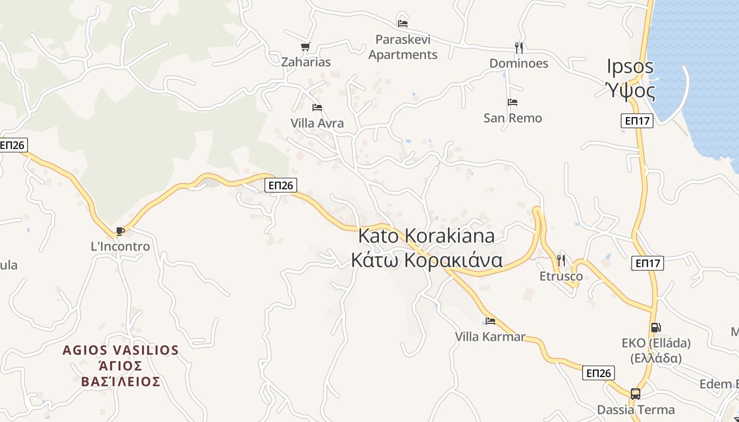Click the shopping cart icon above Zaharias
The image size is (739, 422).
click(x=305, y=46)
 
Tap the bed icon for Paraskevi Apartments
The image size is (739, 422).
click(x=403, y=23)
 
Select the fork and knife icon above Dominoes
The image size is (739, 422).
click(x=519, y=48)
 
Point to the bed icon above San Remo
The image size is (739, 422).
click(x=512, y=102)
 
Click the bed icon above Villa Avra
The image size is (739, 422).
click(x=317, y=108)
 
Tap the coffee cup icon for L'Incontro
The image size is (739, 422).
click(x=120, y=231)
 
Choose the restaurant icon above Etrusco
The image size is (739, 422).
click(x=561, y=260)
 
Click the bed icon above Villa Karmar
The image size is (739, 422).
click(x=490, y=321)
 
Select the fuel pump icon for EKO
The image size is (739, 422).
click(x=656, y=328)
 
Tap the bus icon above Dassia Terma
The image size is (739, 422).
click(x=636, y=394)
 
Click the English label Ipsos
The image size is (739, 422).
click(x=630, y=67)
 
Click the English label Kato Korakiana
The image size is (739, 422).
click(x=427, y=236)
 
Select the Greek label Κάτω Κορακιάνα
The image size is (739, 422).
click(x=427, y=260)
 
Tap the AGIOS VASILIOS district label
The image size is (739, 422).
click(x=121, y=350)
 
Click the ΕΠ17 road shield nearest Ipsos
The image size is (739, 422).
click(x=637, y=121)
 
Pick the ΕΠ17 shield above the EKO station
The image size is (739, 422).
click(x=647, y=263)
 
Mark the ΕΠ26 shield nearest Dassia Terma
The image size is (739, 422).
click(x=599, y=373)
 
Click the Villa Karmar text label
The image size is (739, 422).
click(x=490, y=337)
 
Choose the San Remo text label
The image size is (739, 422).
click(x=513, y=118)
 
